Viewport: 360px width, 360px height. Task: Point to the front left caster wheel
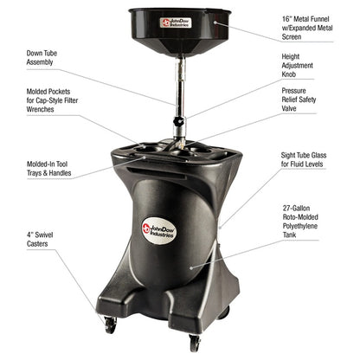pyautogui.click(x=110, y=326)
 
